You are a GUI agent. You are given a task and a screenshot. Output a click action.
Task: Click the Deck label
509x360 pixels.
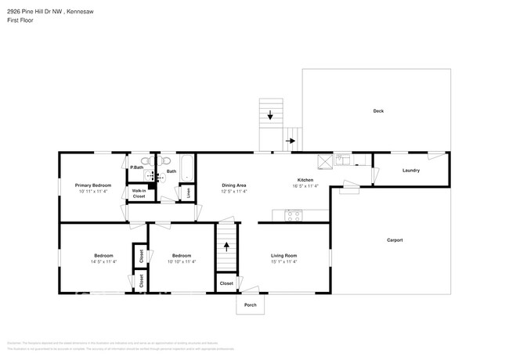[377, 111]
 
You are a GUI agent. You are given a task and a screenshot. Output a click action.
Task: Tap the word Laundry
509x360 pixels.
[410, 171]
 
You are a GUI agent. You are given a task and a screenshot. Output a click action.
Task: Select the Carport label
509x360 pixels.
[394, 239]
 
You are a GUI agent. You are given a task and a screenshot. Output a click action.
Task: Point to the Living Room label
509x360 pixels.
[283, 256]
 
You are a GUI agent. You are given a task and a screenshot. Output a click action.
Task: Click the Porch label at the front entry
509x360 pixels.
[251, 304]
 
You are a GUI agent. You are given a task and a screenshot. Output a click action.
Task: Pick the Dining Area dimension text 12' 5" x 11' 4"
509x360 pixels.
[233, 192]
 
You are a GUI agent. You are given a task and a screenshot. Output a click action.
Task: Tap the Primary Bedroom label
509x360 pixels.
[93, 185]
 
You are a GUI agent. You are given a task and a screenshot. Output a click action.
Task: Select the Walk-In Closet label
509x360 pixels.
[139, 193]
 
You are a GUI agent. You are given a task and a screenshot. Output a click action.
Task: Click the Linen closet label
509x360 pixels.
[188, 192]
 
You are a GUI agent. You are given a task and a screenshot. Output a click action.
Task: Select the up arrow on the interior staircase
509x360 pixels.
[227, 245]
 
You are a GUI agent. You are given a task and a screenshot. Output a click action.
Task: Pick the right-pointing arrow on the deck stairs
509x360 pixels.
[291, 141]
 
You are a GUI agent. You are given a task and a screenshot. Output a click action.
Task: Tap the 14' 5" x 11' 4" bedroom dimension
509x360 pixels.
[103, 261]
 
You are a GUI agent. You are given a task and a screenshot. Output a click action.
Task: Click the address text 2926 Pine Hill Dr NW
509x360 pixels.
[40, 10]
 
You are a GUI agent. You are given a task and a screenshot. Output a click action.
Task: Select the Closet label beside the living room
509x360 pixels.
[226, 283]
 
